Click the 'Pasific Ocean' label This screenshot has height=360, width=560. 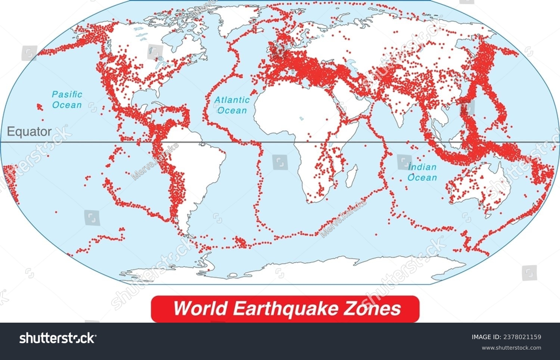(67, 100)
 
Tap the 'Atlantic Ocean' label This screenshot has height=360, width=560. (232, 105)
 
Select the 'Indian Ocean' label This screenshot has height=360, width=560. (422, 172)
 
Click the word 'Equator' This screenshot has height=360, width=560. (29, 132)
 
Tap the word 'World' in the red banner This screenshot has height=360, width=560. (200, 308)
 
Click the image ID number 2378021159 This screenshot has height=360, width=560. (523, 337)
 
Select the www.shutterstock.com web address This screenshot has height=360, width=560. (511, 348)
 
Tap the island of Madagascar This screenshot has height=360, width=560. (350, 177)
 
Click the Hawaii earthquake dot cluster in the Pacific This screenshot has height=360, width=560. (39, 107)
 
